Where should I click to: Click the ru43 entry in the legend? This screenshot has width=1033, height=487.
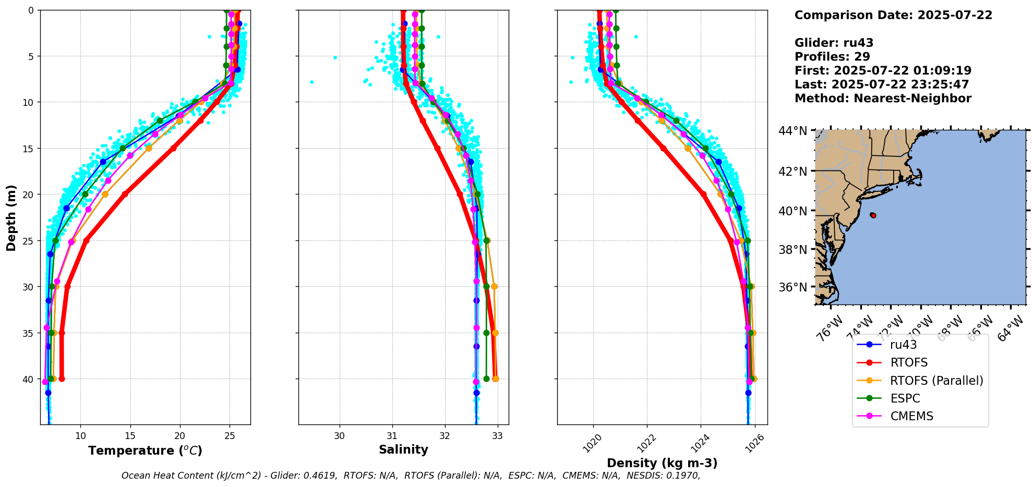tap(903, 345)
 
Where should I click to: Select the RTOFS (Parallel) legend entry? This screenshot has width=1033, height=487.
tap(936, 381)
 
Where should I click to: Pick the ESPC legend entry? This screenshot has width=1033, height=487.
tap(905, 398)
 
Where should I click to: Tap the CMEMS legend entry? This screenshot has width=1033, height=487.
tap(911, 416)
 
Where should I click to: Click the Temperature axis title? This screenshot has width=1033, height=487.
tap(145, 451)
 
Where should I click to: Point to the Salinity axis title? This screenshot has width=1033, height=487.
tap(403, 450)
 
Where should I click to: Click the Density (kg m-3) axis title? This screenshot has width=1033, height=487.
tap(662, 463)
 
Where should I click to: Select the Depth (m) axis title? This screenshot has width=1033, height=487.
tap(11, 218)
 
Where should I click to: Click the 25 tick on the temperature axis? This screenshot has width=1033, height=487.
tap(230, 436)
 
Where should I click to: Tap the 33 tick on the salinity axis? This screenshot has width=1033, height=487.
tap(498, 436)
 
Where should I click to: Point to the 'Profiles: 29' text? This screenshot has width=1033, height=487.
tap(832, 57)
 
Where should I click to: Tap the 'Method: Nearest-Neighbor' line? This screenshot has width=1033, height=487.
tap(883, 99)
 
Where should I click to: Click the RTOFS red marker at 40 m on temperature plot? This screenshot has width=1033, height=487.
tap(62, 379)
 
